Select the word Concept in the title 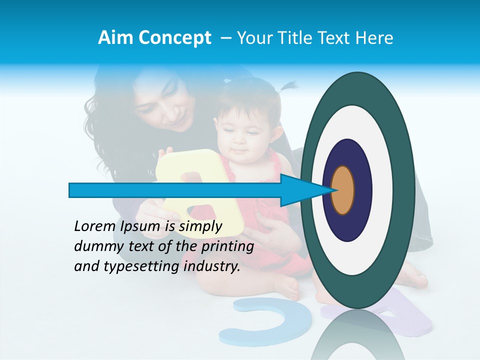pos(174,38)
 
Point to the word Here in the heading pos(374,38)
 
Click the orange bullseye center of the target pos(343,190)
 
